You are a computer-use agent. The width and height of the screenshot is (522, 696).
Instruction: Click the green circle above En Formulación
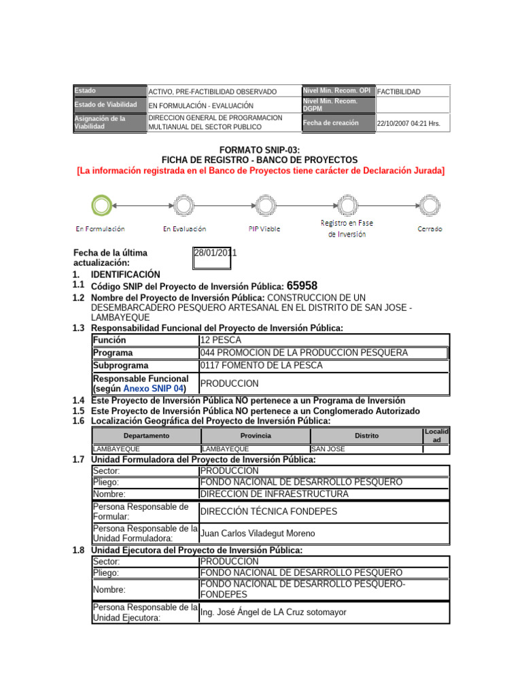[x=101, y=203]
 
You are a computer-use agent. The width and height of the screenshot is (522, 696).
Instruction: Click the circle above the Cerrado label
[x=429, y=203]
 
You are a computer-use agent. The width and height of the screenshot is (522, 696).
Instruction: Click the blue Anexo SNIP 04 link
[x=154, y=388]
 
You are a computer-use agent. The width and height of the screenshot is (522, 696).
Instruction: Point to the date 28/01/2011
[x=215, y=253]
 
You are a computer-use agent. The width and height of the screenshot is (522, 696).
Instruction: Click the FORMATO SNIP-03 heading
[x=260, y=150]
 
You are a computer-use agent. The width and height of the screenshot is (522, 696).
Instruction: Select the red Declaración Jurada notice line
[x=261, y=171]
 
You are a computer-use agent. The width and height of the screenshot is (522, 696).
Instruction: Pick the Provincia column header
[x=255, y=436]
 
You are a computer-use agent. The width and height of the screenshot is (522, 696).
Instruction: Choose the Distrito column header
[x=366, y=436]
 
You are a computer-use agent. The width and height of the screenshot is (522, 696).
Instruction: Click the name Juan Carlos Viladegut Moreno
[x=258, y=534]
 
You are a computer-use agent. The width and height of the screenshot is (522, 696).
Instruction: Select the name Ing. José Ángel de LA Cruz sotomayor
[x=273, y=612]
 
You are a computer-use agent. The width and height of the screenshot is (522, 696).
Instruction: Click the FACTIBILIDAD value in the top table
[x=399, y=92]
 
